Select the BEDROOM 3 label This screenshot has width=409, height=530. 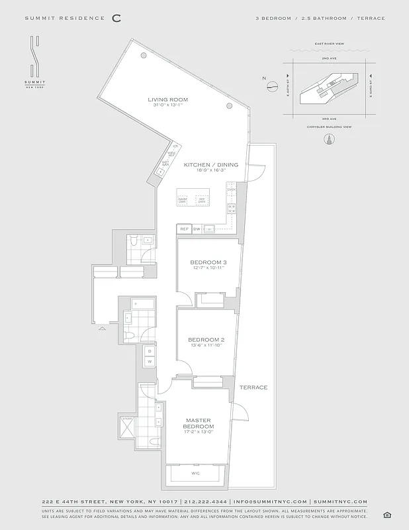(x=208, y=262)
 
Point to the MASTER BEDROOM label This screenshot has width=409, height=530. (x=199, y=423)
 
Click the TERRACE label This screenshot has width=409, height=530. (x=253, y=388)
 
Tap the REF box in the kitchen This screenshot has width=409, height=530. (x=184, y=229)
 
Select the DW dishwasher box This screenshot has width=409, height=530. (x=197, y=229)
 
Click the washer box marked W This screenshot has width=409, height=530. (x=150, y=362)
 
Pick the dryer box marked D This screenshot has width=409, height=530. (x=150, y=350)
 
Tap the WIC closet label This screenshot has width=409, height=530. (x=195, y=474)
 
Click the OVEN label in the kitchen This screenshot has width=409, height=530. (x=231, y=190)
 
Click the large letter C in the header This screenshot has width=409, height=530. (x=116, y=18)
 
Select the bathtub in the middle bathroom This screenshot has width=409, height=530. (x=143, y=305)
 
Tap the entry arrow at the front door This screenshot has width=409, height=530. (x=101, y=328)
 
